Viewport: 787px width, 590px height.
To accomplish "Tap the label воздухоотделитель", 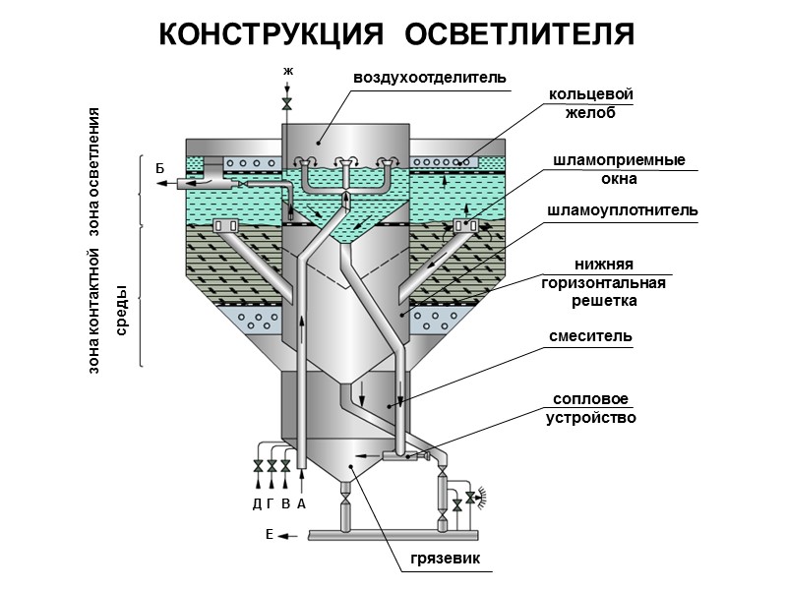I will (x=430, y=77).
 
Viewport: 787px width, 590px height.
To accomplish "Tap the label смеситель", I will (x=590, y=336).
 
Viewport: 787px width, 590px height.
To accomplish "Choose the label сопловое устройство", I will (x=590, y=408).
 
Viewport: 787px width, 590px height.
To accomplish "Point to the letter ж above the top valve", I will (x=287, y=71).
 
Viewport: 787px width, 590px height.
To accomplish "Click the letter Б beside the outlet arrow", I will (x=159, y=168).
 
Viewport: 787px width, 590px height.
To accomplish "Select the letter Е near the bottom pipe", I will (x=269, y=535).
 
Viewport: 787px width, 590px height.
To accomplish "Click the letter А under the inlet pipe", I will (x=302, y=503).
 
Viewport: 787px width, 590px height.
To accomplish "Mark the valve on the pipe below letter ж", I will (x=287, y=102).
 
